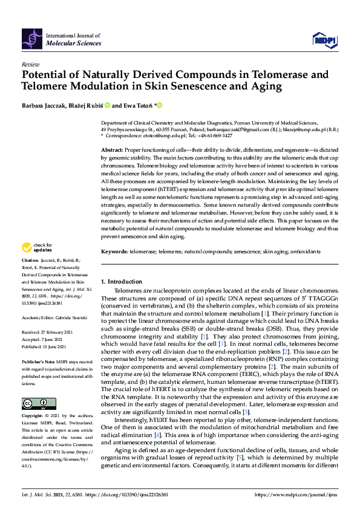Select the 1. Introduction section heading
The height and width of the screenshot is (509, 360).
click(x=122, y=282)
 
